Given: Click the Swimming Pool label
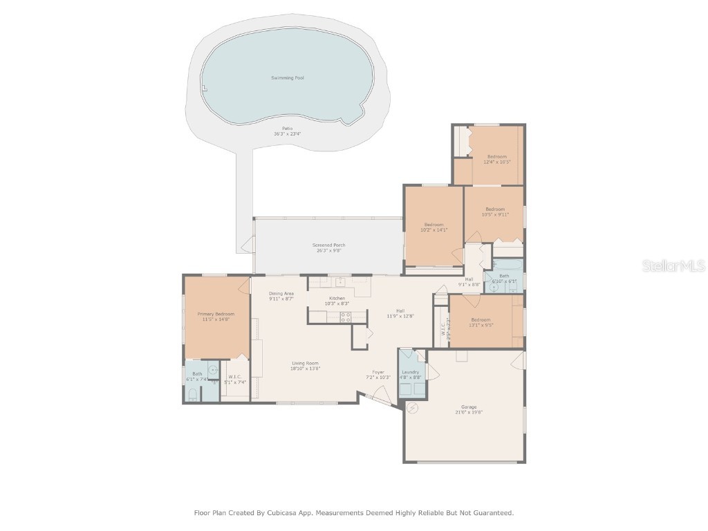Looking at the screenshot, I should (287, 78).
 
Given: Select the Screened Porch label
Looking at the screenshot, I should (329, 245).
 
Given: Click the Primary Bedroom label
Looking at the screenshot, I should (216, 314).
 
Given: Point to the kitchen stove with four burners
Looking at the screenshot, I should (345, 317).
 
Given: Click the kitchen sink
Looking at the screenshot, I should (340, 282).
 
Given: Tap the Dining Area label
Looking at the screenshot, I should (281, 293).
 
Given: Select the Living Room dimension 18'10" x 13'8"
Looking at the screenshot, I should (304, 369).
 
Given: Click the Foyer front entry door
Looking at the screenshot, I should (379, 399).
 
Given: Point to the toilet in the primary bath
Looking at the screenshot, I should (193, 395).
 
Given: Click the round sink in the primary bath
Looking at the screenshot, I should (213, 371).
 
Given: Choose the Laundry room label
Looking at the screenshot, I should (411, 372).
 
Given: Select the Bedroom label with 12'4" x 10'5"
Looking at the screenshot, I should (496, 156).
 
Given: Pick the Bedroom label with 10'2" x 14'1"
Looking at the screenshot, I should (434, 224).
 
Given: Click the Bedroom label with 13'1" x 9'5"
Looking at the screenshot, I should (481, 319).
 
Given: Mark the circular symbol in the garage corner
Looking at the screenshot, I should (413, 408).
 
